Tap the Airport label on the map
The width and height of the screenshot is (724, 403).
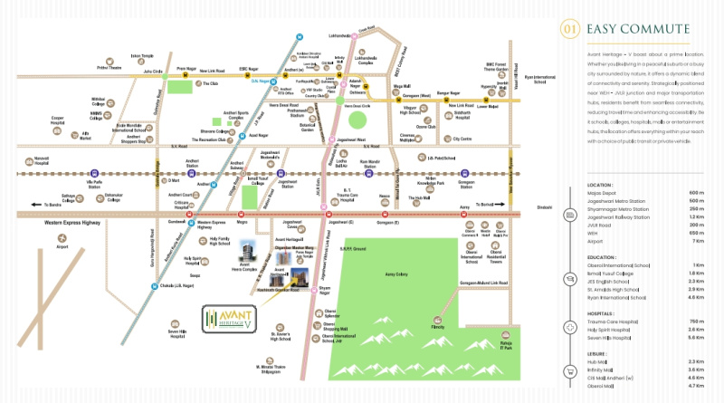[x=62, y=245]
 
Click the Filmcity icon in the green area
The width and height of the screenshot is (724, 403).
[x=438, y=319]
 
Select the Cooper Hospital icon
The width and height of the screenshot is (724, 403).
[x=57, y=110]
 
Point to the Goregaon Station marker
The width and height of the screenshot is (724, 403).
[x=465, y=173]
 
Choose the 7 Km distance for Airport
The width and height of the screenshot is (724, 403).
[x=697, y=242]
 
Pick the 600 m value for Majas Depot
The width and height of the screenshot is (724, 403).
[x=697, y=193]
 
